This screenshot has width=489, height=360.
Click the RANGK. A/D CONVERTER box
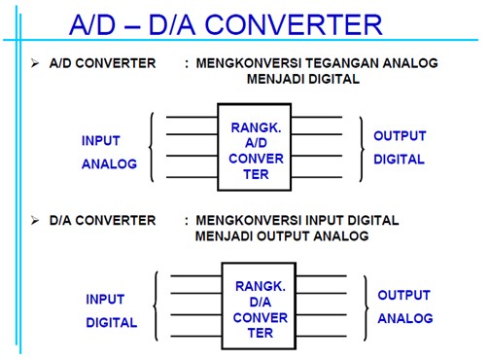257,147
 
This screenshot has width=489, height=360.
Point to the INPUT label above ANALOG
101,140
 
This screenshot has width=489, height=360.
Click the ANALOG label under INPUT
109,163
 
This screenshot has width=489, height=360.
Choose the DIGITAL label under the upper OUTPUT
399,160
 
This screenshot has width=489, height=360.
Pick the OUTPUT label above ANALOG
403,295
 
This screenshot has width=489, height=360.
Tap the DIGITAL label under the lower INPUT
112,322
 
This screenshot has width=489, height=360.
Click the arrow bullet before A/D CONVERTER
35,63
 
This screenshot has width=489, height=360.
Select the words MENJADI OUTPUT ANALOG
281,236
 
